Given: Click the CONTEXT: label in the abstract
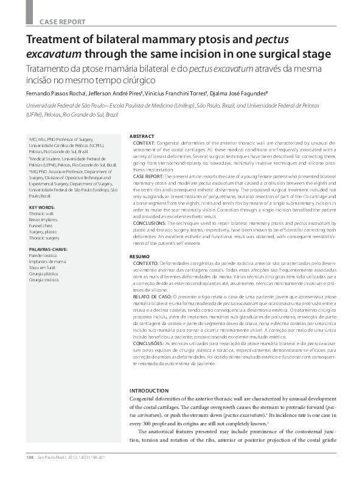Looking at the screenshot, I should point(144,142).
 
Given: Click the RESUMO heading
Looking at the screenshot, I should point(141,257).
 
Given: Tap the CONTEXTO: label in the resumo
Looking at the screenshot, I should point(146,263).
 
